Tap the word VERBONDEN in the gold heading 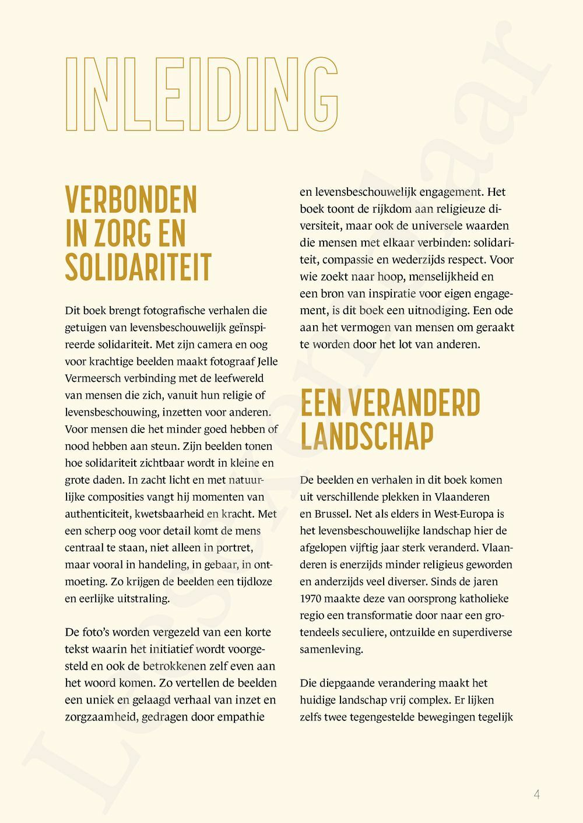131,200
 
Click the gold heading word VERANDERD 415,403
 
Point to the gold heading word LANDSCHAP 367,437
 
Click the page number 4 536,794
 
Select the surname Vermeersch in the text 90,378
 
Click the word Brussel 331,514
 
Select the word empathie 241,717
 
